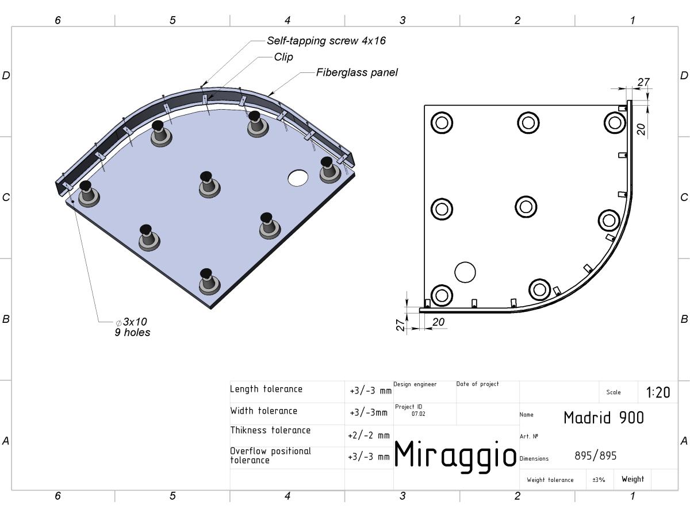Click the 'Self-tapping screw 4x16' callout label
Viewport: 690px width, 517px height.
pos(326,41)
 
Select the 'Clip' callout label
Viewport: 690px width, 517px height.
pos(283,57)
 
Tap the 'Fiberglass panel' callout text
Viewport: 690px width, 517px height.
pos(357,72)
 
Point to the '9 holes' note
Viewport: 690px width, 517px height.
pos(132,333)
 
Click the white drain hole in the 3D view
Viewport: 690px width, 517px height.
pos(298,178)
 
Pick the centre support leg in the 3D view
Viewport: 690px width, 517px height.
pos(209,184)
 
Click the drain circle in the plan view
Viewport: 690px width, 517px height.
pos(465,272)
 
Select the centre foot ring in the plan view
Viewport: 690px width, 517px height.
pos(526,207)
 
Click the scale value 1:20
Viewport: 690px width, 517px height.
pos(658,392)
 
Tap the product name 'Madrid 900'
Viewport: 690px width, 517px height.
pos(604,418)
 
